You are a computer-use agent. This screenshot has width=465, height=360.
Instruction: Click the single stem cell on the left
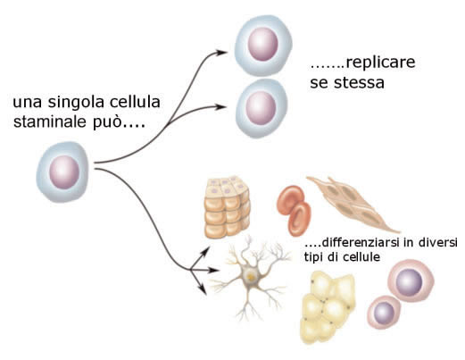click(63, 171)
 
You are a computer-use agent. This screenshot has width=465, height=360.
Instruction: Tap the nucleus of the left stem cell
click(63, 171)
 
